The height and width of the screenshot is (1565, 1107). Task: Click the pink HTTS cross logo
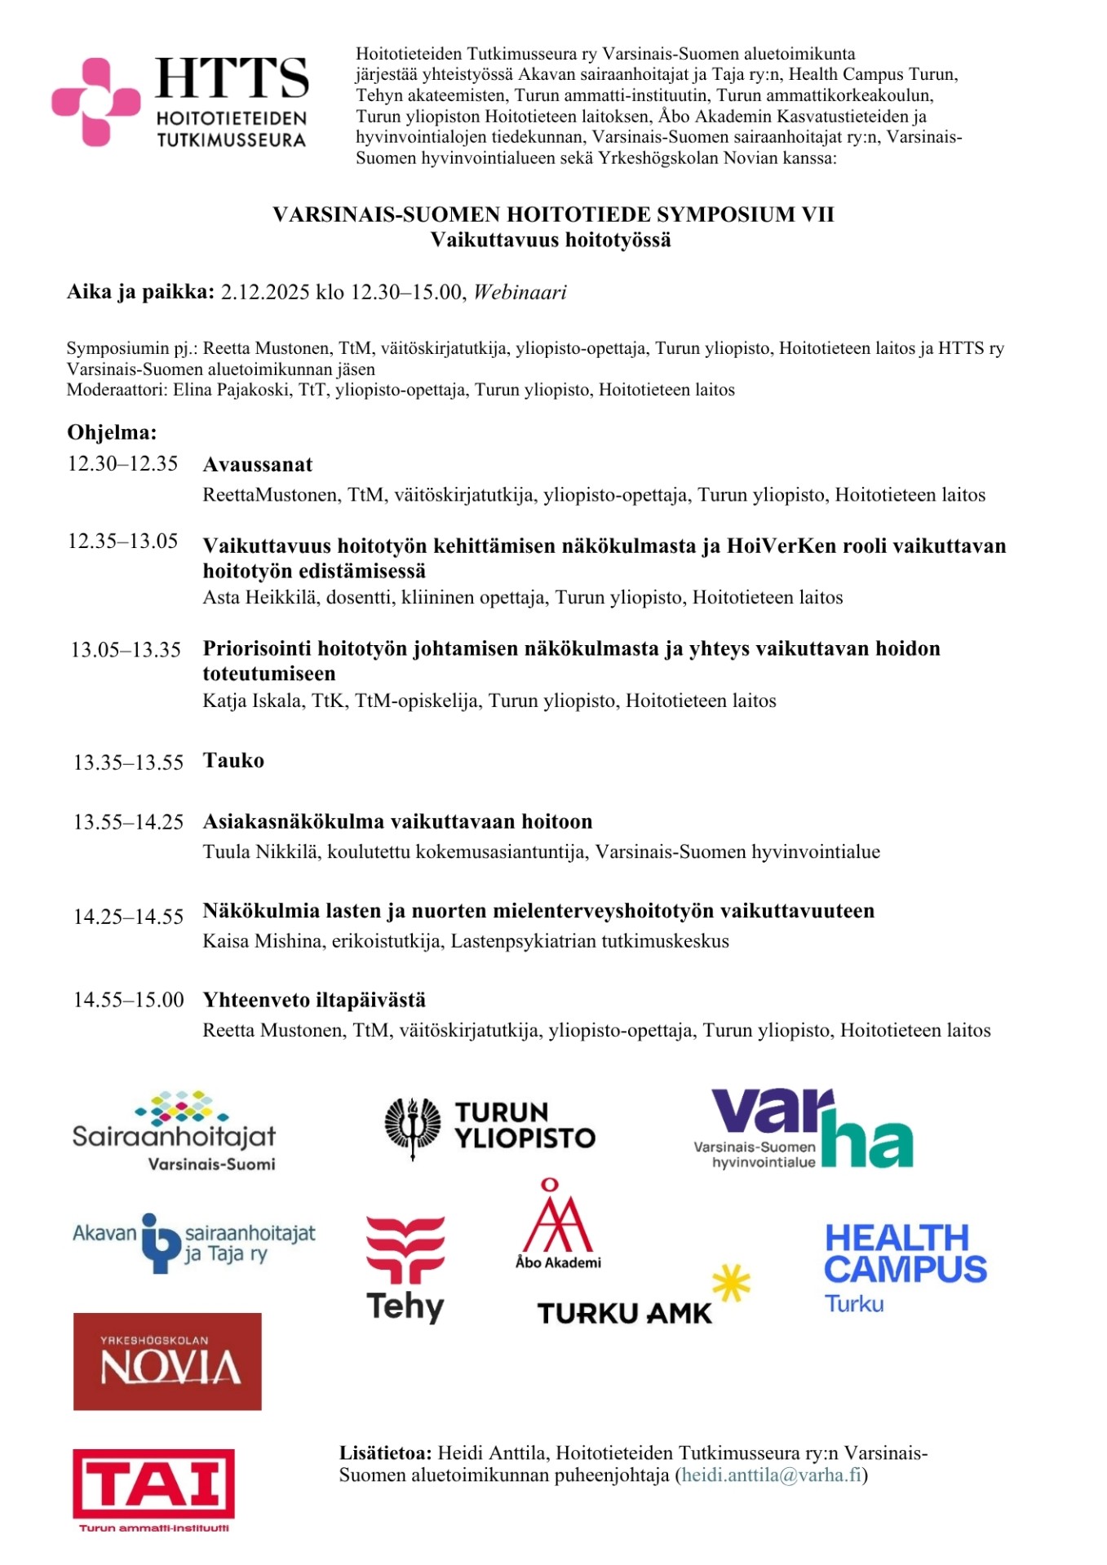pos(95,102)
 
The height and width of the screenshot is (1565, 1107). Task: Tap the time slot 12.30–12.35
pos(122,464)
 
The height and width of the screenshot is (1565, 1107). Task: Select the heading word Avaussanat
pos(258,465)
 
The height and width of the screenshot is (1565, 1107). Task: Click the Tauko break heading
pos(233,761)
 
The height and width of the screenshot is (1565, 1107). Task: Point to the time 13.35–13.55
pos(128,763)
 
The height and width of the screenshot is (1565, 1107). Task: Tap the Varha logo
pos(804,1130)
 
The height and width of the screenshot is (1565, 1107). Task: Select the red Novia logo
pos(167,1361)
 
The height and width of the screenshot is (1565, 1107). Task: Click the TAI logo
pos(153,1488)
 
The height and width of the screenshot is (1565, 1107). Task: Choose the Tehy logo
pos(405,1268)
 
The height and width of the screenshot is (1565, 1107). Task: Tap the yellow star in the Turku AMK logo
pos(731,1283)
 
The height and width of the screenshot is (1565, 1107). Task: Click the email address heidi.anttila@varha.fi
pos(772,1475)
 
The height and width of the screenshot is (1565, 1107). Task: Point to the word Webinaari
pos(520,293)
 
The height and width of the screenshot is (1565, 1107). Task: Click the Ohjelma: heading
pos(112,432)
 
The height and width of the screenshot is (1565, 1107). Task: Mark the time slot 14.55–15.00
pos(128,1000)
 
